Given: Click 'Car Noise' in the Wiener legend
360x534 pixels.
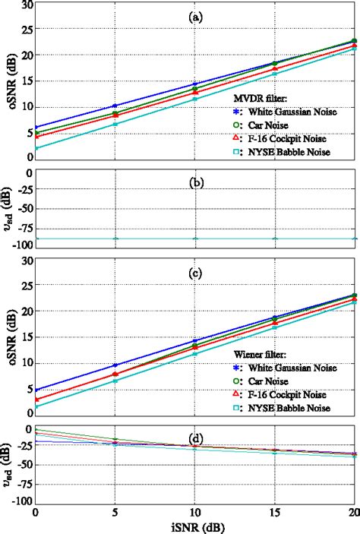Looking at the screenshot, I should [x=266, y=381].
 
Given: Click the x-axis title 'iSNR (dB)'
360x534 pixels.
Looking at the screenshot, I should [x=196, y=524].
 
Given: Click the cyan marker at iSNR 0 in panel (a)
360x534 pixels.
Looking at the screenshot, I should [x=35, y=148].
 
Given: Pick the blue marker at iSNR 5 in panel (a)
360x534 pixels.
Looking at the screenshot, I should [x=115, y=106].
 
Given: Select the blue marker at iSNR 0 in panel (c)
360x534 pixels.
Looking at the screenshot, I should [x=35, y=390].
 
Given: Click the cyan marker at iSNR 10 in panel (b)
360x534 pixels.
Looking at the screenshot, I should [x=195, y=239].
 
